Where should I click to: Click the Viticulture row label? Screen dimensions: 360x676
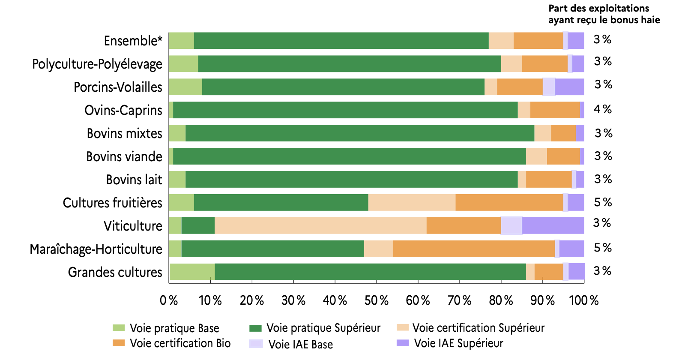point(133,226)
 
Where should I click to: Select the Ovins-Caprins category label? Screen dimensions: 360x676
point(123,110)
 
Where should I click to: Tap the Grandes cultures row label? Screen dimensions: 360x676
point(115,272)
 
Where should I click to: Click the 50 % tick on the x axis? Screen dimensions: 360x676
point(376,300)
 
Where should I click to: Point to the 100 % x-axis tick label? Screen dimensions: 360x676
point(583,300)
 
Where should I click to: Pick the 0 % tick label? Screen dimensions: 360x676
point(169,300)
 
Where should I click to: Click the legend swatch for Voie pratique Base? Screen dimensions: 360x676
point(119,328)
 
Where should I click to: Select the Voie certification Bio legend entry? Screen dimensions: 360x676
point(180,343)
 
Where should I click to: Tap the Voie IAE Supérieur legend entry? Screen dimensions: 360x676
point(458,343)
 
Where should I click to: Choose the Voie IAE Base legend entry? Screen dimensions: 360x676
point(300,344)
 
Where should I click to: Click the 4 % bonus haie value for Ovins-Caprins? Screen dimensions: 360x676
point(602,109)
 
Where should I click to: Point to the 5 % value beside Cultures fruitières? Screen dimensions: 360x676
point(603,202)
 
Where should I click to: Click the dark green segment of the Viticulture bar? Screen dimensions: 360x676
point(198,226)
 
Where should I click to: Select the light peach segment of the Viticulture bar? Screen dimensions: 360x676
point(320,226)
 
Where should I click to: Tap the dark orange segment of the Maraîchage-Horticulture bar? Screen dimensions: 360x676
point(474,249)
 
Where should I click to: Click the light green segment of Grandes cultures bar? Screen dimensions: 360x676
point(192,272)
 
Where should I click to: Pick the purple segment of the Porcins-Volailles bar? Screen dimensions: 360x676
point(569,87)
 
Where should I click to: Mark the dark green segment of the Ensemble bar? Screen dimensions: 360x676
point(341,41)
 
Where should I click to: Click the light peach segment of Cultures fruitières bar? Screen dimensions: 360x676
point(412,203)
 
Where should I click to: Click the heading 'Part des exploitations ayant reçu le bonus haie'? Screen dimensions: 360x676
point(604,14)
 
